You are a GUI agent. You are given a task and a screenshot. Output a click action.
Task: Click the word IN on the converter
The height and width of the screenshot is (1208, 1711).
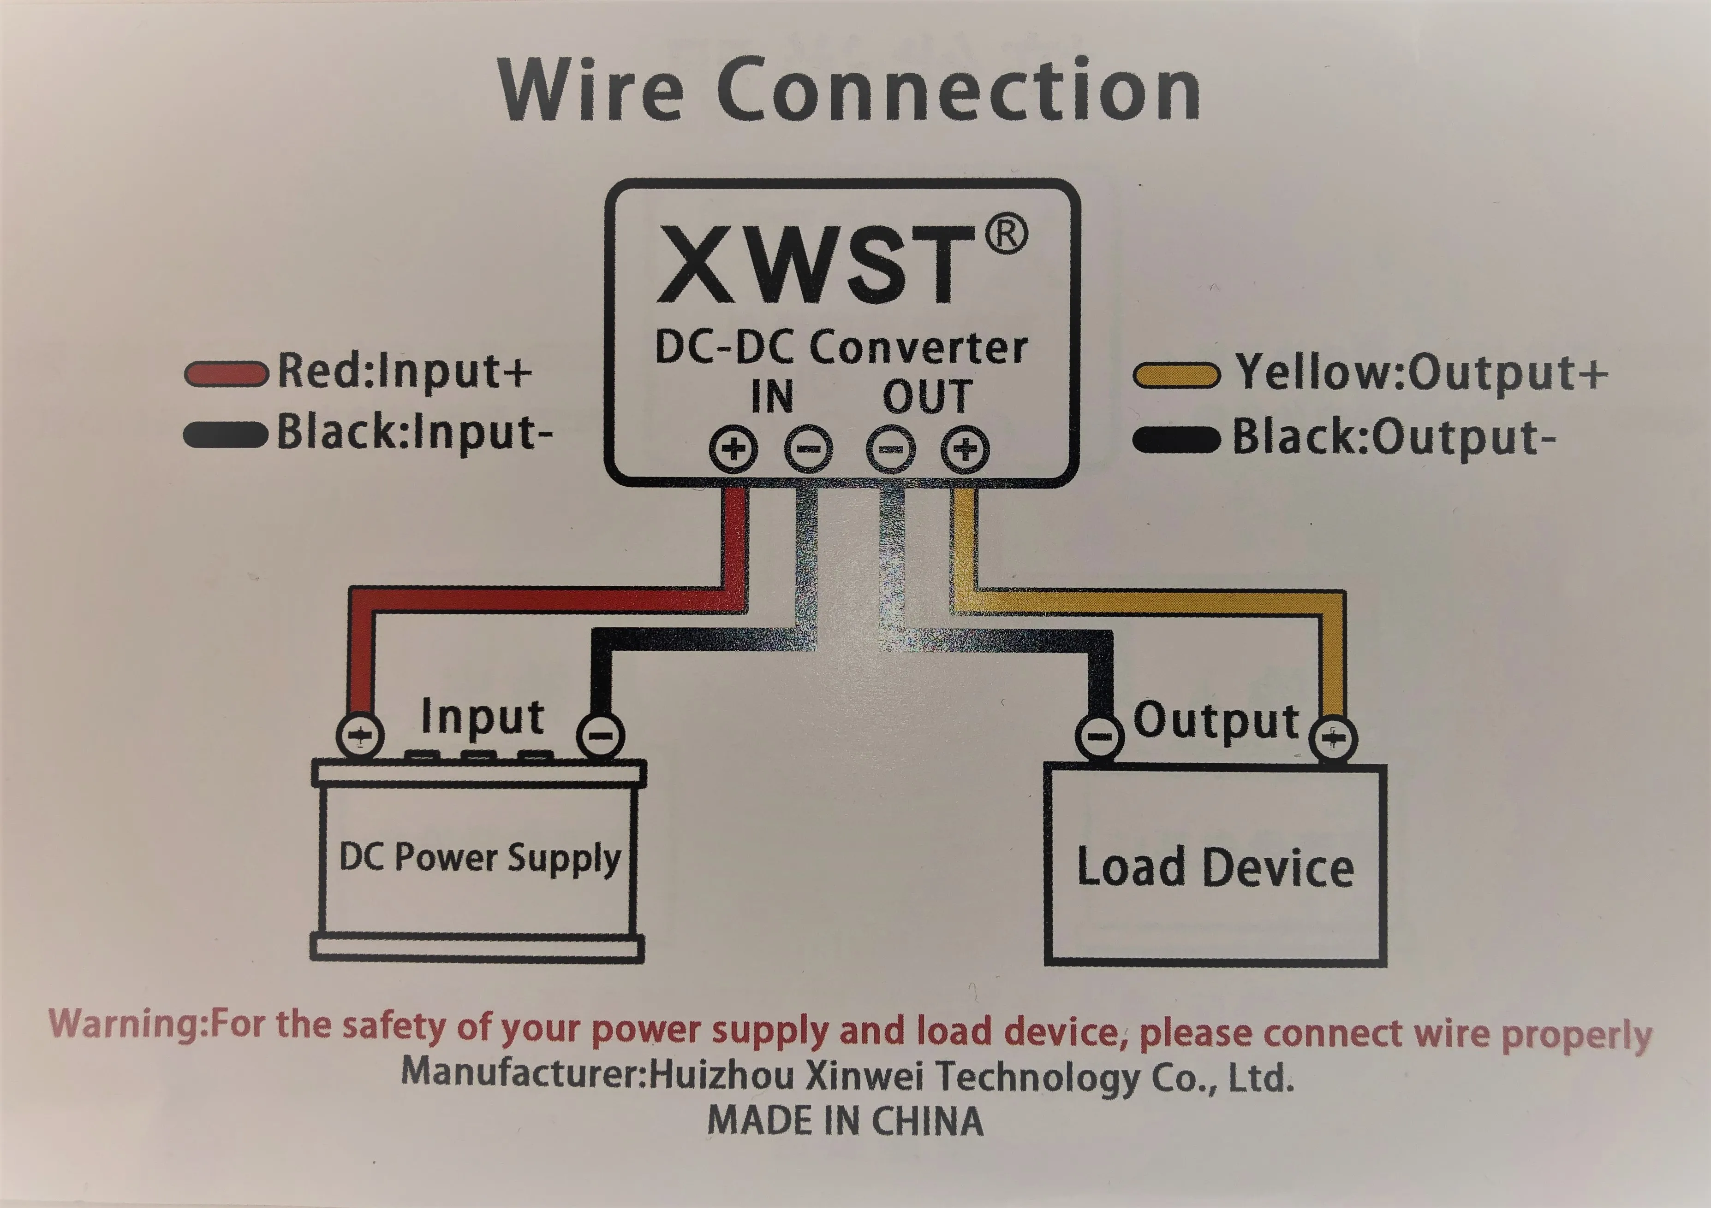point(772,396)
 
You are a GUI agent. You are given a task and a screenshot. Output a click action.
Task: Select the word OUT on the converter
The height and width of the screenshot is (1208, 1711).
point(927,396)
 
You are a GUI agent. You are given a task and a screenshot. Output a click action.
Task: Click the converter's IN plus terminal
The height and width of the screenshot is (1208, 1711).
point(733,449)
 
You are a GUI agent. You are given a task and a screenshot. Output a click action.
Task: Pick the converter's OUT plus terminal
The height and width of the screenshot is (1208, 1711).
point(965,449)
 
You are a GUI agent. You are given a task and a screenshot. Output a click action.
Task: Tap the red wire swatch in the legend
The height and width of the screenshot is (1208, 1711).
point(226,374)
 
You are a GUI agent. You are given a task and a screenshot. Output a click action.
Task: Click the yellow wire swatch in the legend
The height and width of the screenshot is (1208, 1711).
point(1176,375)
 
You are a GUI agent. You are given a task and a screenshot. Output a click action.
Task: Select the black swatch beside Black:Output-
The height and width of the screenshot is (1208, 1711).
point(1176,439)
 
